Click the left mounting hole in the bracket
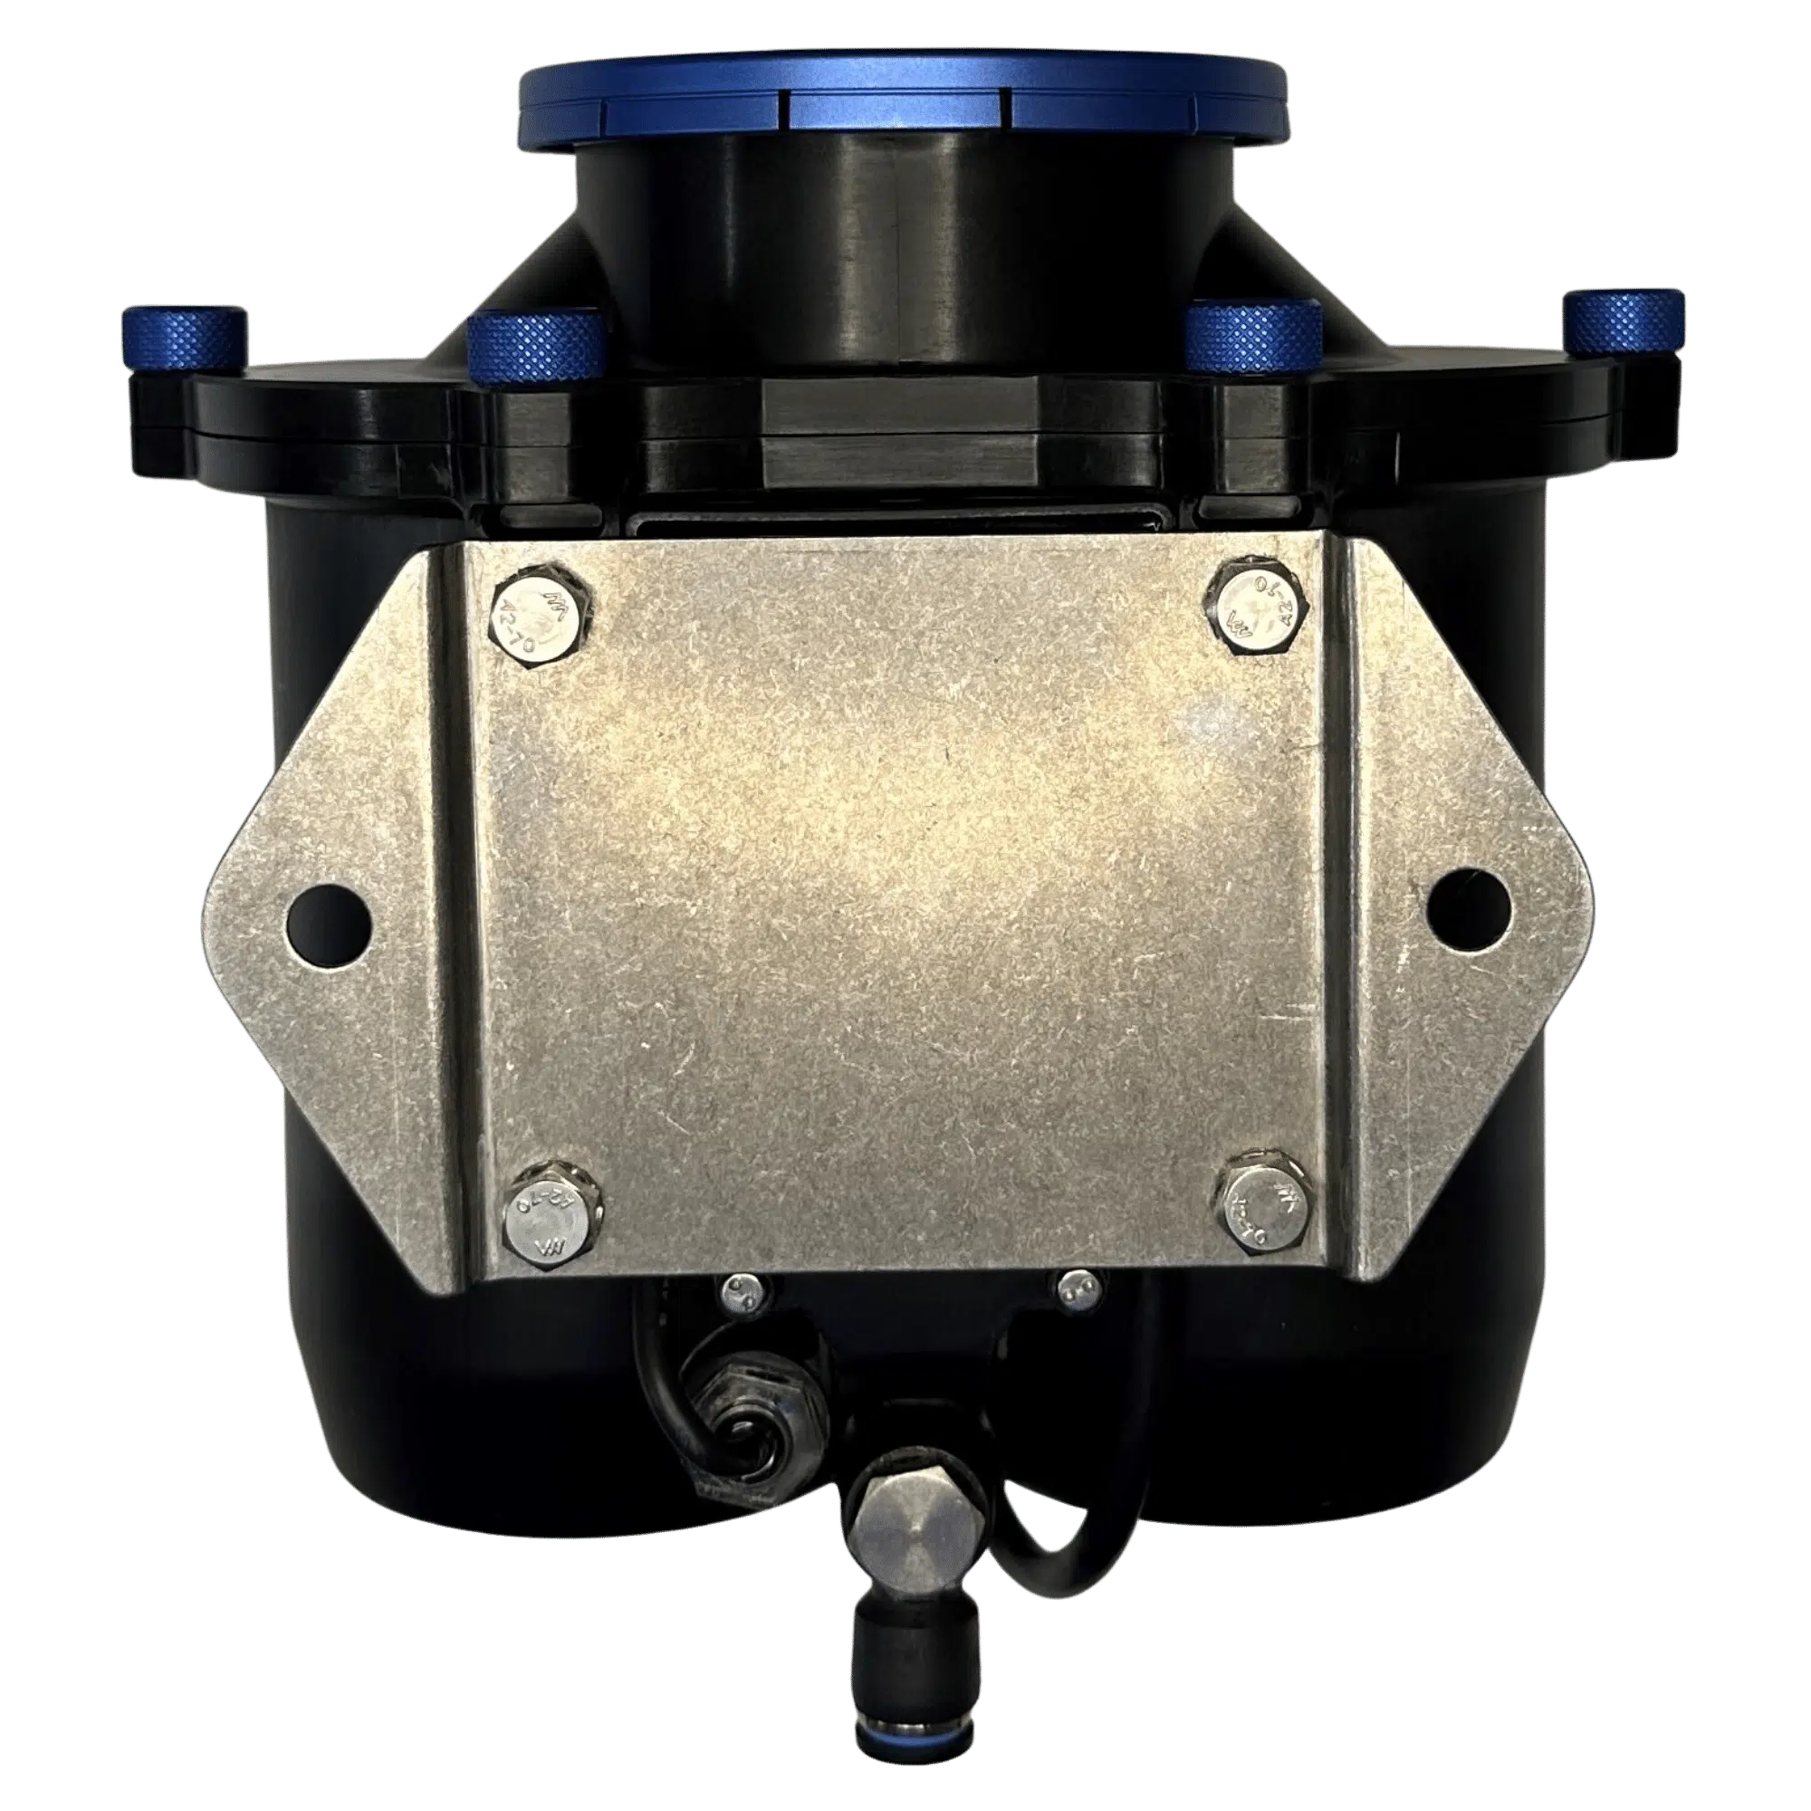[x=327, y=913]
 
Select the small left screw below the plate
[x=740, y=1296]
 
